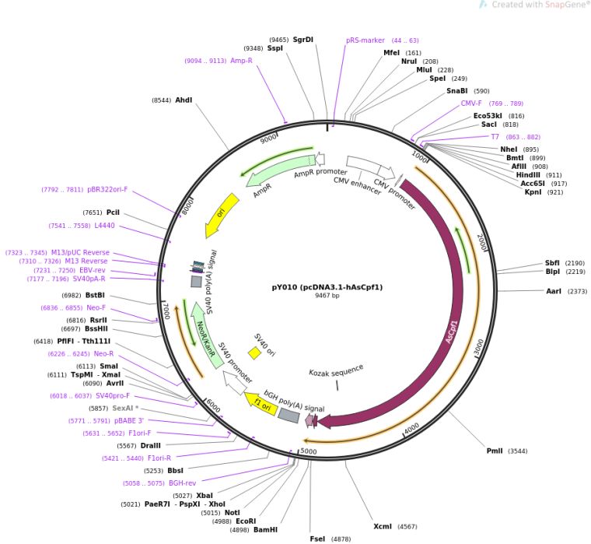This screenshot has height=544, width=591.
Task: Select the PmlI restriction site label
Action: [x=495, y=451]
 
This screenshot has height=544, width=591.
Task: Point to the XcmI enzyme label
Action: [x=383, y=527]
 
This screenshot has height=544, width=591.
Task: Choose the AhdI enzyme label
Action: [x=184, y=100]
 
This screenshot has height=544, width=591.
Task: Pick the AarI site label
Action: [x=556, y=291]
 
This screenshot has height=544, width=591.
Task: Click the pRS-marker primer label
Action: [x=365, y=40]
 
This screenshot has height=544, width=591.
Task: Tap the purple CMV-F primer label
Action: [x=471, y=103]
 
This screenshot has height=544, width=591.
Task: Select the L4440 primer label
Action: [x=104, y=226]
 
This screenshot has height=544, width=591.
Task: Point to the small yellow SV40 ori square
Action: [x=254, y=353]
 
